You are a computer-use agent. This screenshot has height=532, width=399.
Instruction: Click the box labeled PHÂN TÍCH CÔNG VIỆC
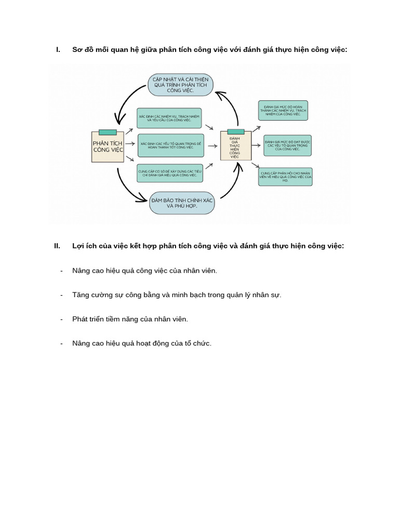pos(108,147)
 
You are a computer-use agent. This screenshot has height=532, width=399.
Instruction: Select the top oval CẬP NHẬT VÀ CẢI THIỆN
pos(181,84)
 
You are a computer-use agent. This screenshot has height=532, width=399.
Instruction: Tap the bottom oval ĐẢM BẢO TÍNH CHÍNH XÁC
pos(182,202)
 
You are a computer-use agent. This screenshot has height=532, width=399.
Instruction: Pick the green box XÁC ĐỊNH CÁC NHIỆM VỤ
pos(169,118)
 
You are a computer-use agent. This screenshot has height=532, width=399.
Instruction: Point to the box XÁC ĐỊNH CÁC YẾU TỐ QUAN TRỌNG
pos(170,145)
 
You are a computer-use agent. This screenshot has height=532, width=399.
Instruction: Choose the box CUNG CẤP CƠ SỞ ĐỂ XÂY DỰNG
pos(170,173)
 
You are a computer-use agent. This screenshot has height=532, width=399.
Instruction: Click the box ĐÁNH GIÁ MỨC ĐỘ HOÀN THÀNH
pos(283,111)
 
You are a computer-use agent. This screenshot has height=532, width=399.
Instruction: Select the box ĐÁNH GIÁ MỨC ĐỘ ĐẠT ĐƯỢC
pos(288,145)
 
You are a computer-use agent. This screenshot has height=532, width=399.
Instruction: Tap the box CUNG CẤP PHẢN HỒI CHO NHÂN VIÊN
pos(285,177)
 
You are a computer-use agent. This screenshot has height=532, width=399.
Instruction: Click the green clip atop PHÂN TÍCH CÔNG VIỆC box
pos(108,132)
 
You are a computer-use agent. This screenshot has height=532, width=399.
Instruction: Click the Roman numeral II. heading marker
pos(57,246)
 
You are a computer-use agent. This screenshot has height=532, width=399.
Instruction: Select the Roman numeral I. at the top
pos(58,49)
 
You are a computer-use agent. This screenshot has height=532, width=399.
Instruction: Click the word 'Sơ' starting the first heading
pos(77,49)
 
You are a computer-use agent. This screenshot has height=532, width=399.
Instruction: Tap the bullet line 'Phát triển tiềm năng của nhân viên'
pos(130,319)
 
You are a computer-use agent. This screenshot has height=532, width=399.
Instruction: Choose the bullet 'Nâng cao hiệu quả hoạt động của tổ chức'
pos(142,343)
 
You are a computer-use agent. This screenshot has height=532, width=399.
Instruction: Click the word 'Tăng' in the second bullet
pos(81,295)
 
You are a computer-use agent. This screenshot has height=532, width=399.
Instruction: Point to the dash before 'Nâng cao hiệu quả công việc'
pos(61,271)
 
